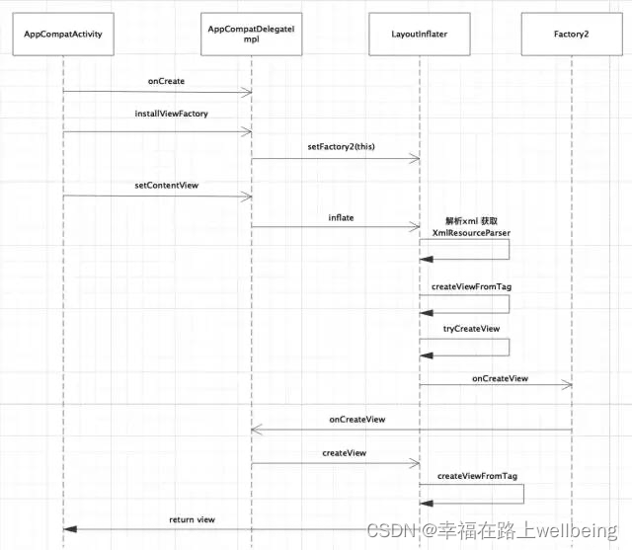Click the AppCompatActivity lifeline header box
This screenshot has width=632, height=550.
point(63,35)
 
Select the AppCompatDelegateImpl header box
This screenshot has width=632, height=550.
point(251,35)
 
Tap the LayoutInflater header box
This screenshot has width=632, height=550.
point(420,35)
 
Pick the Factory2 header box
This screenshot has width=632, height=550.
point(572,35)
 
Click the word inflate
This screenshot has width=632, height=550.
point(341,216)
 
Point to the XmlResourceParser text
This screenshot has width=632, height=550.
point(471,231)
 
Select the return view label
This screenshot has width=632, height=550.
point(192,518)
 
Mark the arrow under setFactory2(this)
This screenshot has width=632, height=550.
point(335,160)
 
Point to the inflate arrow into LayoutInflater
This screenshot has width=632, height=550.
point(335,227)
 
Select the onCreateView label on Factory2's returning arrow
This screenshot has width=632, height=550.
point(356,419)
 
